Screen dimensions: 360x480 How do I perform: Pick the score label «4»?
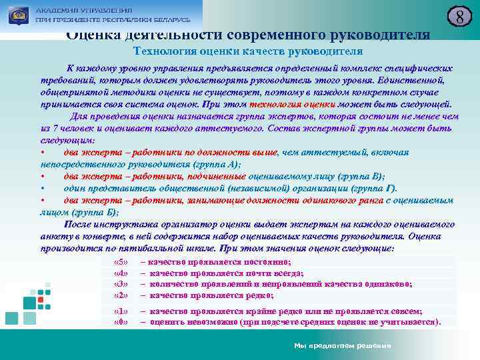point(121,273)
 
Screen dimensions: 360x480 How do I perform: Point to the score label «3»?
point(121,284)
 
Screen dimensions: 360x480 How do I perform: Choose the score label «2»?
point(121,295)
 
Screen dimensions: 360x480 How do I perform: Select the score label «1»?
point(121,311)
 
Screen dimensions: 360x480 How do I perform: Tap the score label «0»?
point(121,322)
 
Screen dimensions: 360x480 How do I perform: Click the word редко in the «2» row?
point(255,295)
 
